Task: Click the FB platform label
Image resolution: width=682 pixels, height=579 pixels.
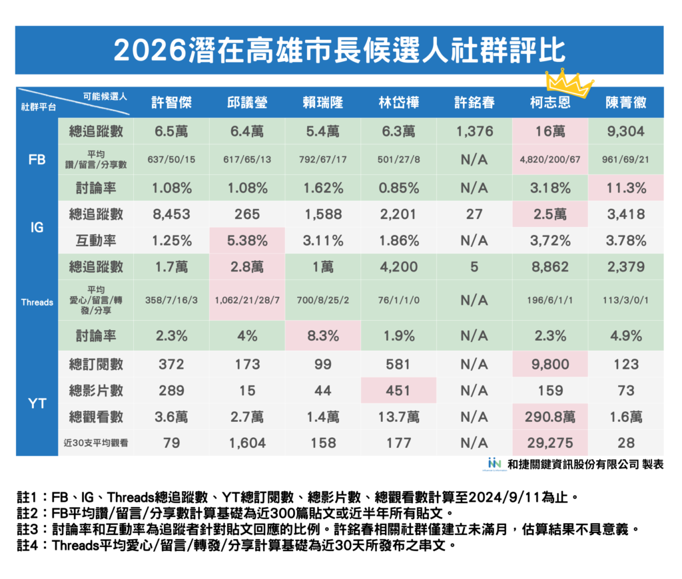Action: click(x=37, y=160)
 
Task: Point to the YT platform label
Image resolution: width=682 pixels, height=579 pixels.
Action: click(x=37, y=403)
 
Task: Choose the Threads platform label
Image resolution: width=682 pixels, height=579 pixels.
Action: click(x=37, y=302)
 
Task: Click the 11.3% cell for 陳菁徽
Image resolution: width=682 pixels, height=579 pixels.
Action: click(x=625, y=188)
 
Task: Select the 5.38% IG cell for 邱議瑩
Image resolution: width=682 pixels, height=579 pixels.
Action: click(x=247, y=240)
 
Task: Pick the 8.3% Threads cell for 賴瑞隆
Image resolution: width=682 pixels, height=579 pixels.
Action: click(x=322, y=336)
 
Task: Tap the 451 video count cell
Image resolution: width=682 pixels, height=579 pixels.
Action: click(x=398, y=390)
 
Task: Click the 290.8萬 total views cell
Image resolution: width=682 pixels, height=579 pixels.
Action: click(x=550, y=417)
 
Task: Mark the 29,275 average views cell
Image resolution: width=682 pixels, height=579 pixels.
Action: click(x=550, y=443)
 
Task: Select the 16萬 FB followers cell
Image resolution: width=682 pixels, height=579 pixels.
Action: click(x=550, y=131)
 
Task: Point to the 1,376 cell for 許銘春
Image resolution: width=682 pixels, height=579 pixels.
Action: click(x=474, y=131)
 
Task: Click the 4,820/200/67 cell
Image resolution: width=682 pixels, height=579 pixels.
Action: click(x=550, y=160)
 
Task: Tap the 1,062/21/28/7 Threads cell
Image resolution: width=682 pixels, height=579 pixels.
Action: click(x=247, y=300)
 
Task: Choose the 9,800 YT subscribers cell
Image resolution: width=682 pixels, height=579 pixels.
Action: click(x=550, y=364)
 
